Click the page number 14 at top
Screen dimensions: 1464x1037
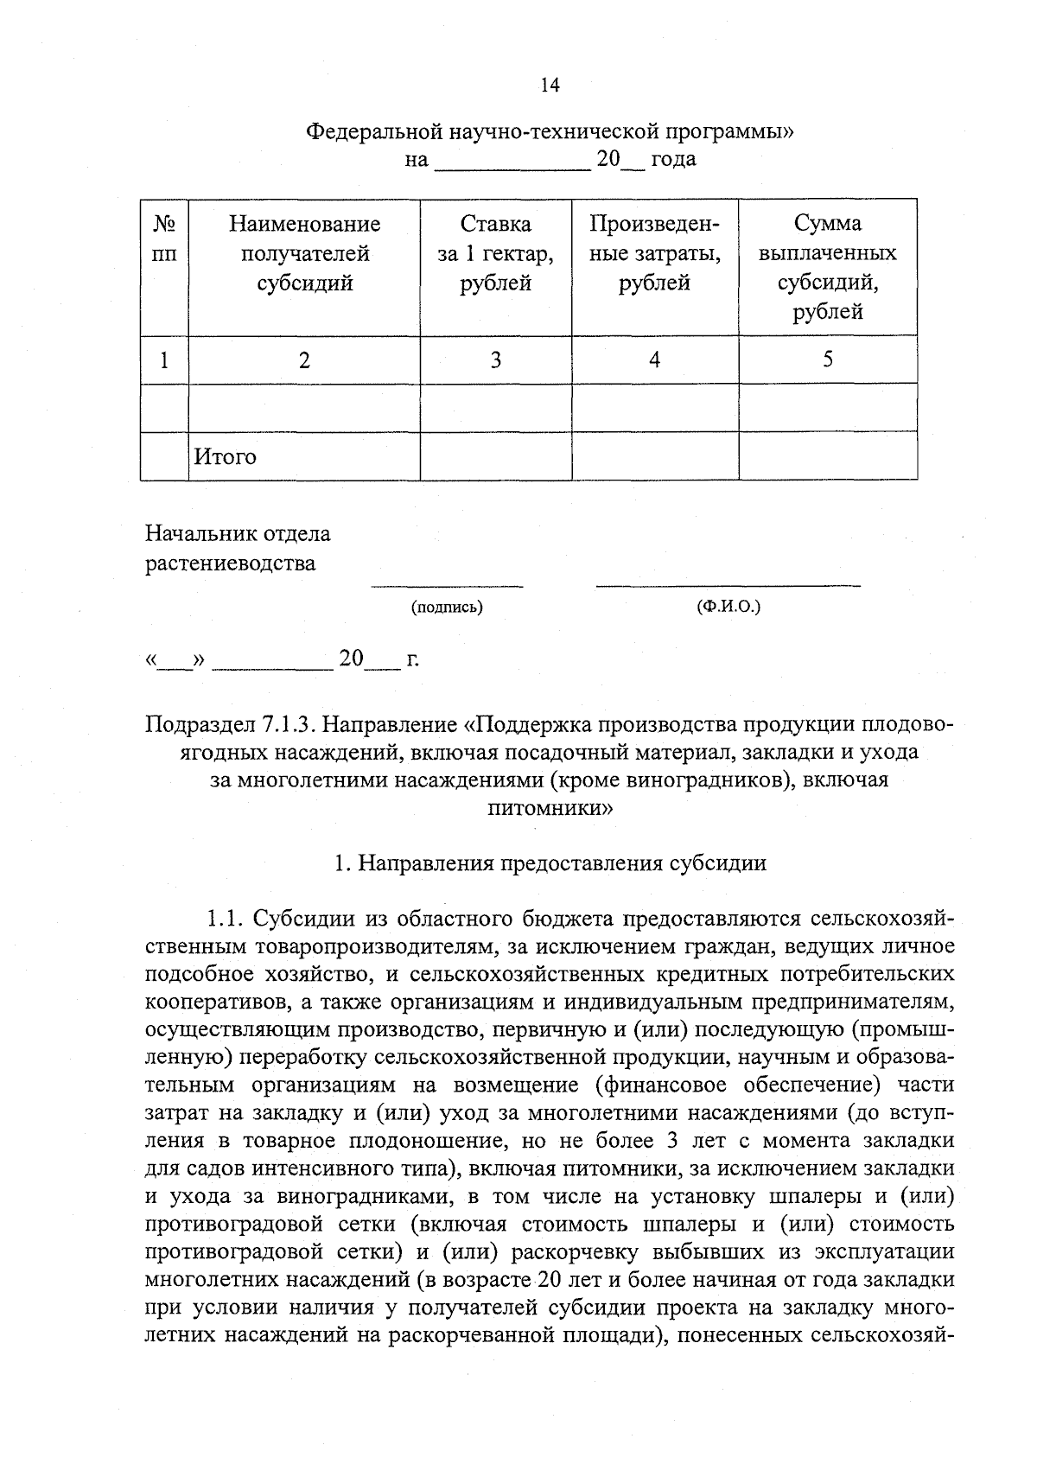[x=550, y=85]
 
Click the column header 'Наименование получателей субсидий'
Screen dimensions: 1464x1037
[x=304, y=253]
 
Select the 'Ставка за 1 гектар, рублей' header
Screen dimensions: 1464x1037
[x=495, y=253]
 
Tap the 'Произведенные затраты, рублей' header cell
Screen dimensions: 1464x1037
[x=654, y=253]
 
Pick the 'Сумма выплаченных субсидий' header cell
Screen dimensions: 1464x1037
[x=827, y=267]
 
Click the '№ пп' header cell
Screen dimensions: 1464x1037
[x=164, y=239]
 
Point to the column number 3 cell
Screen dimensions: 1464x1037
[x=495, y=360]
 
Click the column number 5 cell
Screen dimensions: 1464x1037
[x=827, y=360]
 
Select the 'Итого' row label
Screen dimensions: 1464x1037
[x=225, y=456]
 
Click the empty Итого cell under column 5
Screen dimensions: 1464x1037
[x=827, y=456]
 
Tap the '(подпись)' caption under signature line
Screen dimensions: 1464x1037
[x=447, y=608]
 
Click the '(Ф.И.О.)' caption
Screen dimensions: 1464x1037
[x=728, y=607]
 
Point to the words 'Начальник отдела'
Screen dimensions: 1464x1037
[x=238, y=533]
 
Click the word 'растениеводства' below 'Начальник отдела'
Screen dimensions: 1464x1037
[x=231, y=564]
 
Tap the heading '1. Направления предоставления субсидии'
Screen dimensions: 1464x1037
[x=550, y=862]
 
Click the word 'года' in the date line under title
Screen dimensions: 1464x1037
[x=673, y=159]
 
